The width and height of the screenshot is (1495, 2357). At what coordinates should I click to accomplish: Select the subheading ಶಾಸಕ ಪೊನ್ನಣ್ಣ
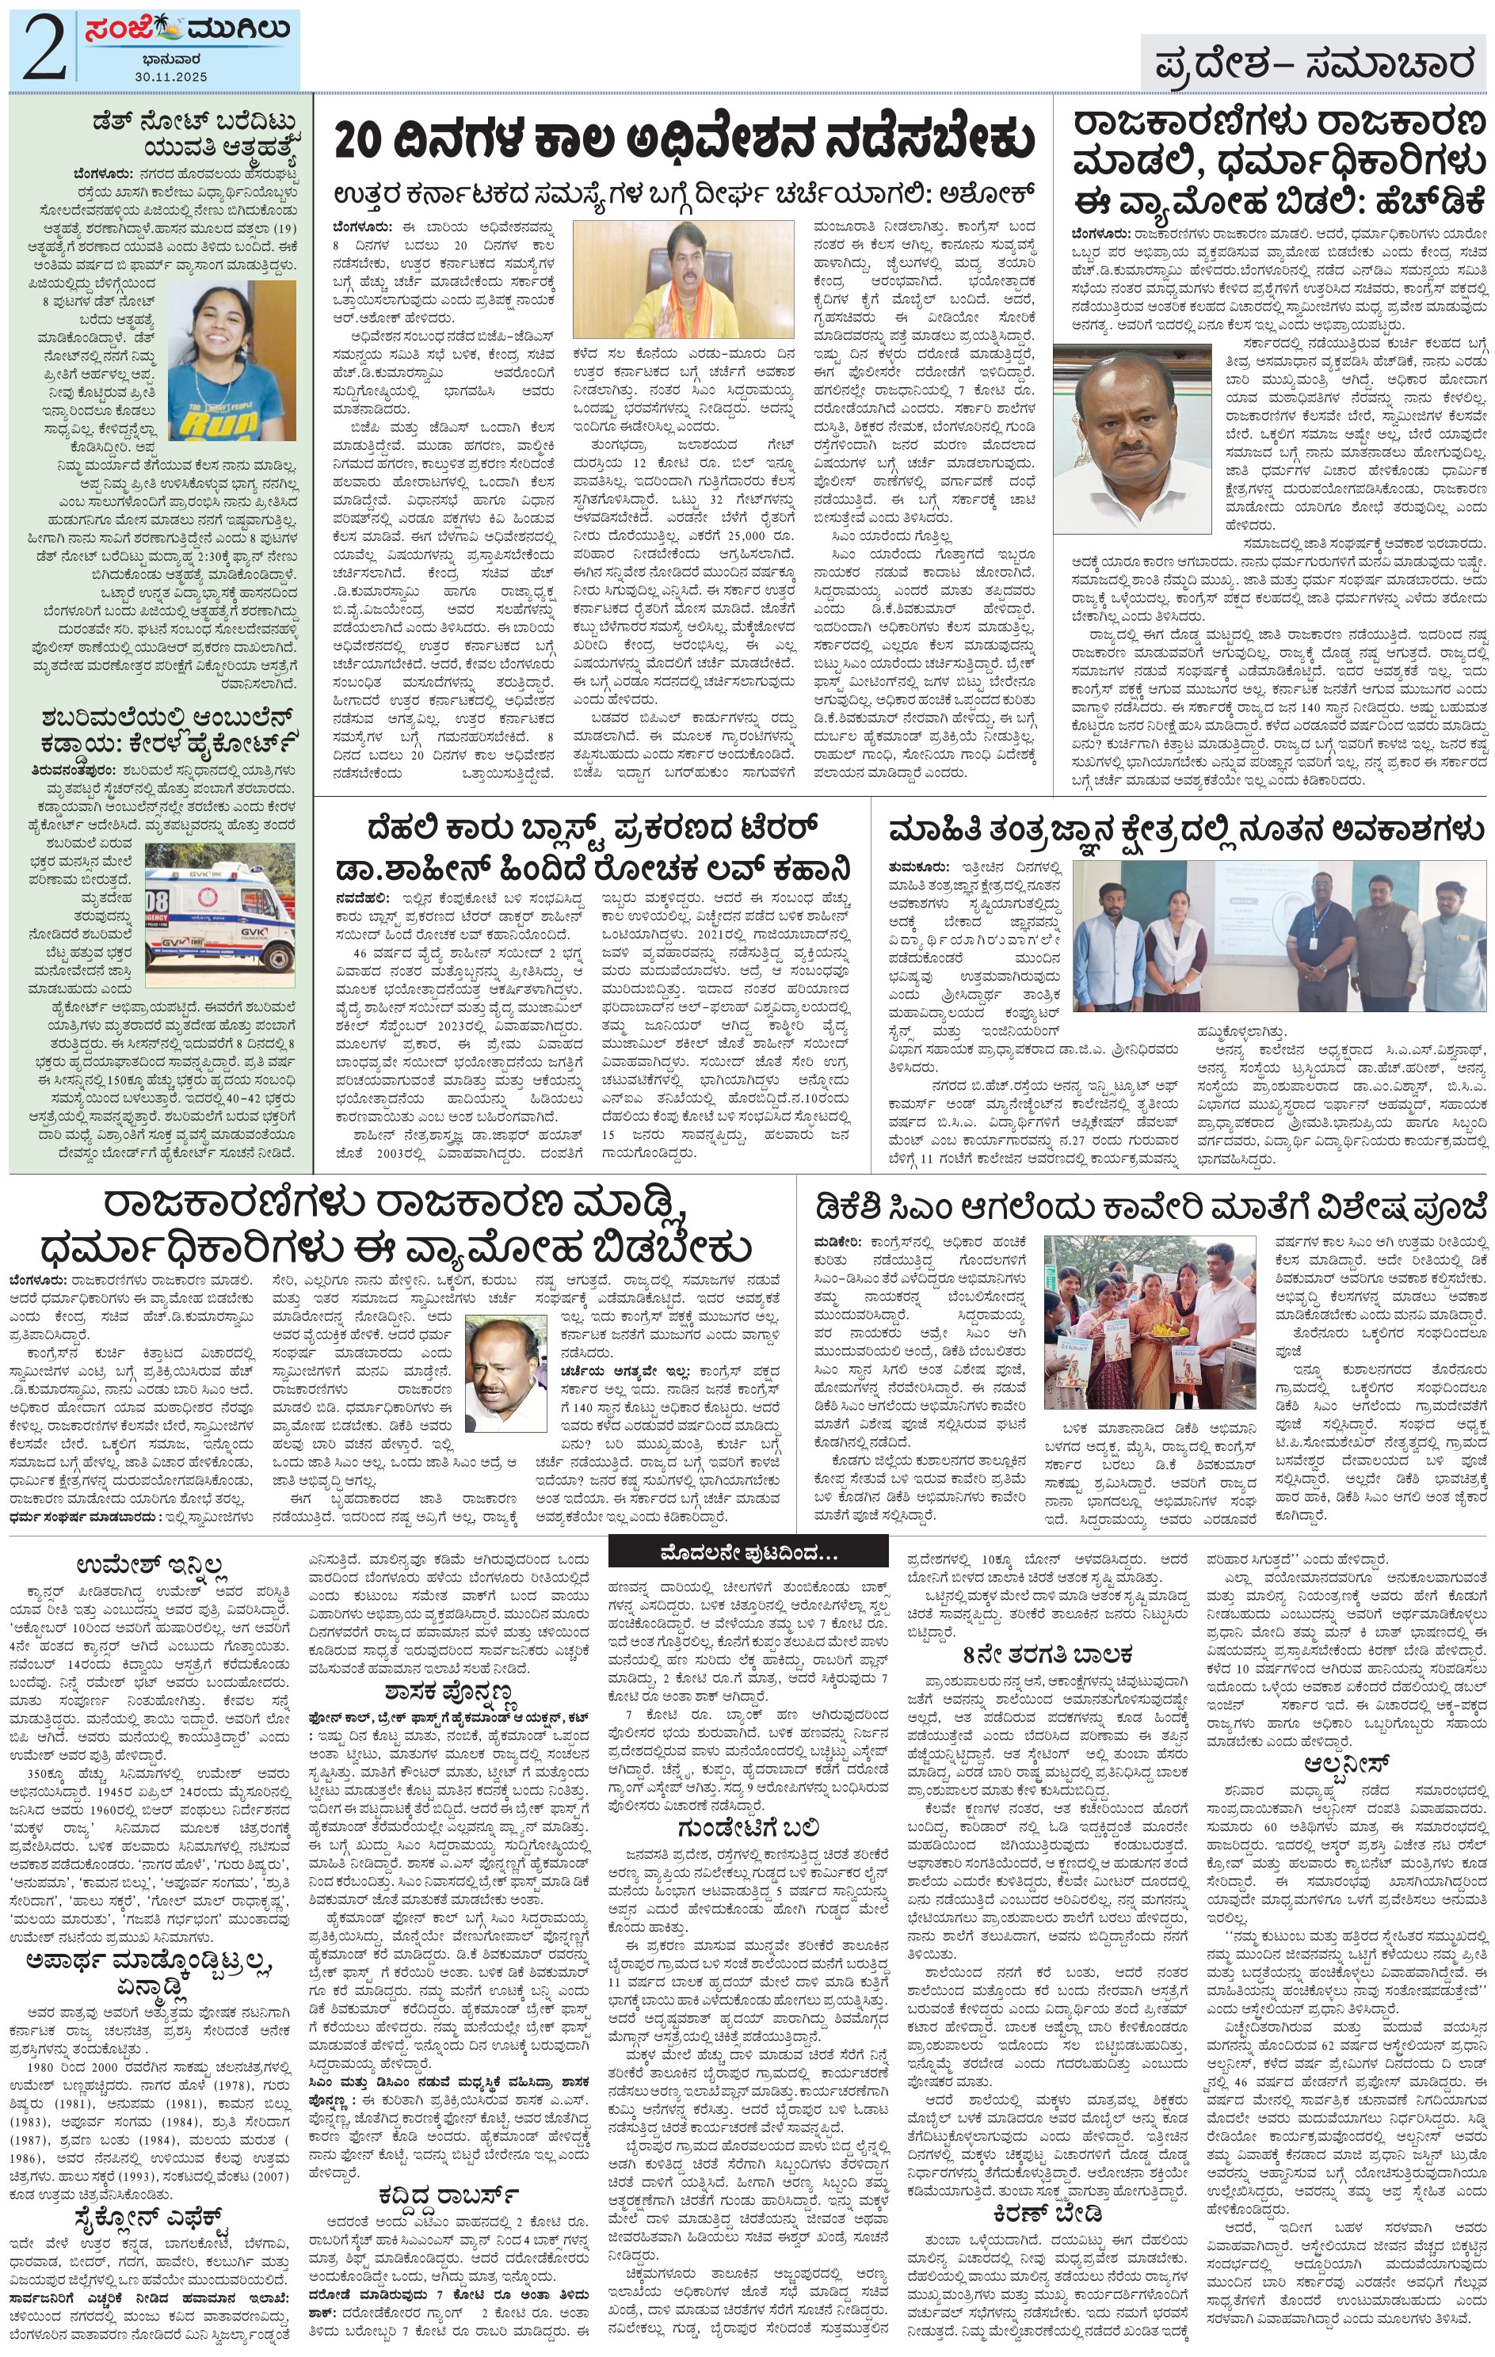[449, 1692]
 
